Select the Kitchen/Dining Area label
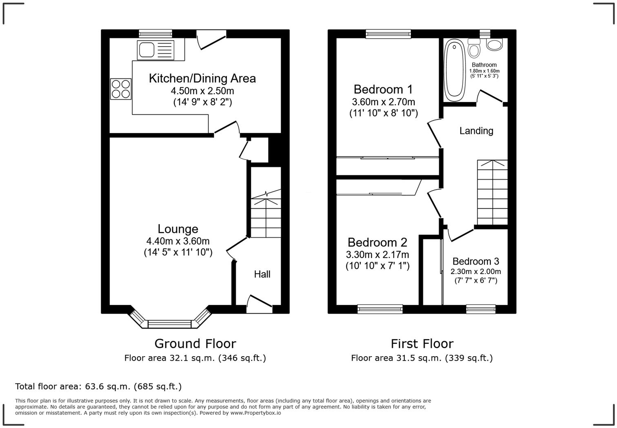point(202,78)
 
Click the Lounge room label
point(178,229)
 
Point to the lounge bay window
point(169,323)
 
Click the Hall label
point(262,274)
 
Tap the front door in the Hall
point(260,304)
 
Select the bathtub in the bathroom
point(454,70)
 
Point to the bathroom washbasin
point(495,45)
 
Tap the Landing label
point(476,131)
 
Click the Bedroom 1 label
point(383,89)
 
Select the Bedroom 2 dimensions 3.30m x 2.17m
point(377,255)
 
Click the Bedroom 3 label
point(475,261)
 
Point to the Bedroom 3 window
point(481,309)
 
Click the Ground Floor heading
point(195,343)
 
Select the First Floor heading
point(422,343)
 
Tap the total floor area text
point(98,386)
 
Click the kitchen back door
point(211,40)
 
